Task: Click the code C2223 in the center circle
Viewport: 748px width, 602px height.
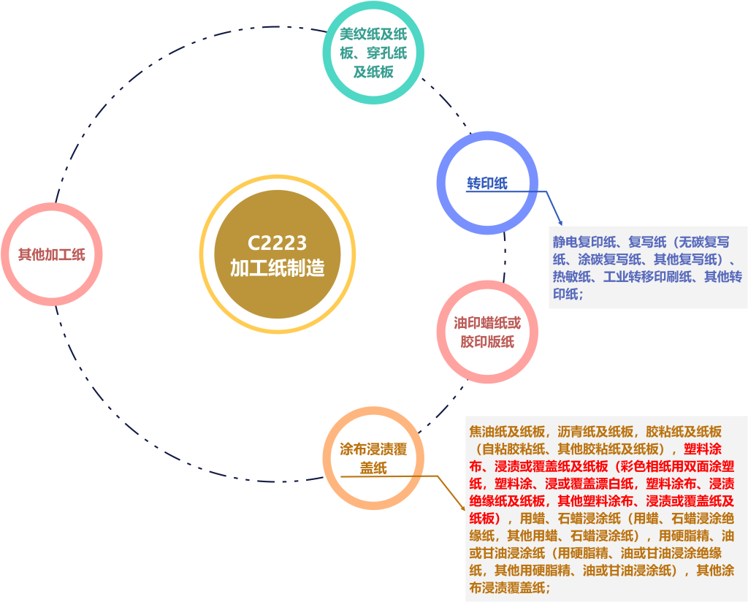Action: (x=277, y=243)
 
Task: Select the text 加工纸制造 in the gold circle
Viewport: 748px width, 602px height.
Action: (x=277, y=268)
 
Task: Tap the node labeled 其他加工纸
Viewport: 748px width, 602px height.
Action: (x=52, y=254)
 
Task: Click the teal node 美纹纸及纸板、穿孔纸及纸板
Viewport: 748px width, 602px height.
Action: (x=373, y=53)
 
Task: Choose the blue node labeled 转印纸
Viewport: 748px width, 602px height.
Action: (x=487, y=183)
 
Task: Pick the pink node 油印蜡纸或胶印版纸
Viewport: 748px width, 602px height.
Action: (x=487, y=332)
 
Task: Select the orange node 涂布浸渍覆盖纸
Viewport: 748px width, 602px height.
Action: (x=373, y=458)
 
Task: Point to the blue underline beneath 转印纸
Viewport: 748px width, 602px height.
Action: (x=504, y=191)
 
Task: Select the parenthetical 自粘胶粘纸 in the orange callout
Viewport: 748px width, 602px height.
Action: (x=512, y=449)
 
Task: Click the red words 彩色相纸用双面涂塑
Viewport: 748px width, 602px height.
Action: (x=673, y=466)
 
